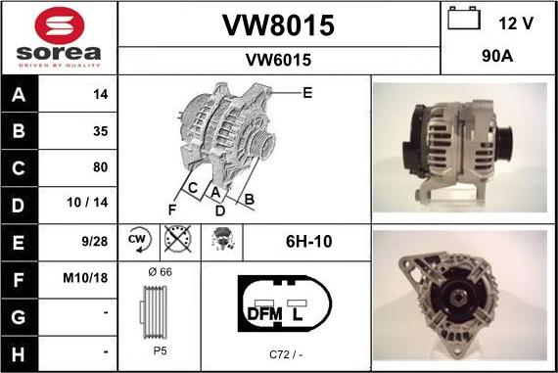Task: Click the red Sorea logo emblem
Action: (x=60, y=25)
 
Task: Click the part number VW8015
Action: (x=279, y=25)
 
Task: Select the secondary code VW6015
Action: (x=278, y=60)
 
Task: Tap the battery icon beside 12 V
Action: (x=464, y=18)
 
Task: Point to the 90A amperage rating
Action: (x=497, y=56)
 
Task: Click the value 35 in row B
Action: (x=101, y=131)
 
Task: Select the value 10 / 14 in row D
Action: (x=87, y=202)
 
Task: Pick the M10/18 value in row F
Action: (x=85, y=278)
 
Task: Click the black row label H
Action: (x=19, y=354)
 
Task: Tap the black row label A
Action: (x=19, y=94)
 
